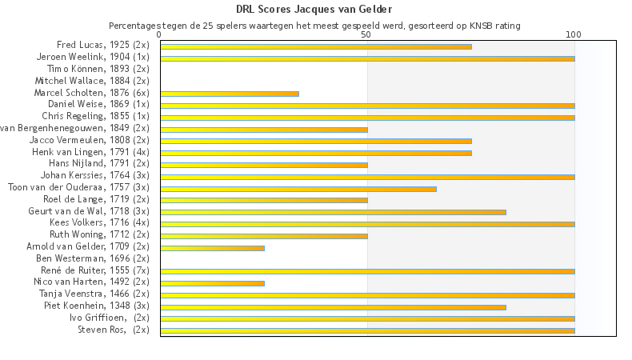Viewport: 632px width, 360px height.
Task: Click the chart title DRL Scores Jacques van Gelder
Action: click(x=314, y=10)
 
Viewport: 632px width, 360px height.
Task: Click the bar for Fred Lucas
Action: click(x=315, y=46)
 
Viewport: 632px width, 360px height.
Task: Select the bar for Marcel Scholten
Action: click(x=229, y=94)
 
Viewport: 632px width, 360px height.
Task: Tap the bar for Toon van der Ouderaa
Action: click(x=298, y=189)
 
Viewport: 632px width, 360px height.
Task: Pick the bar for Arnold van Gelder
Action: click(x=212, y=248)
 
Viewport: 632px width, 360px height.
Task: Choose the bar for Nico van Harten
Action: click(x=212, y=283)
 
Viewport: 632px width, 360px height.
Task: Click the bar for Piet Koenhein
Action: click(x=333, y=306)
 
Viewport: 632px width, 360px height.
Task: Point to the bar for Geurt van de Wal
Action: click(x=333, y=212)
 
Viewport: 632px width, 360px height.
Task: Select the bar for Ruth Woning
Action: click(x=263, y=236)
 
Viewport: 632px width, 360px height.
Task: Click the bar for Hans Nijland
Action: click(x=263, y=165)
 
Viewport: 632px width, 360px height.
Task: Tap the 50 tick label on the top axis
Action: click(x=366, y=35)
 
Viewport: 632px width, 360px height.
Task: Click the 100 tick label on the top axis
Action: click(x=574, y=35)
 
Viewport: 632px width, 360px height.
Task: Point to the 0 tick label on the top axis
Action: click(x=160, y=35)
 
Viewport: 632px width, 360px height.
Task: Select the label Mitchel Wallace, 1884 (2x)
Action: click(x=92, y=82)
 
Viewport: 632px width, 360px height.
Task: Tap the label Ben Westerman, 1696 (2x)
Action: click(x=93, y=259)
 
